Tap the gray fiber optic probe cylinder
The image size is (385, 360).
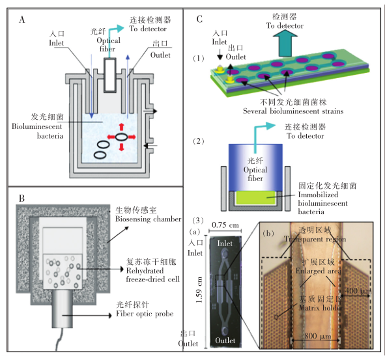(74, 310)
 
